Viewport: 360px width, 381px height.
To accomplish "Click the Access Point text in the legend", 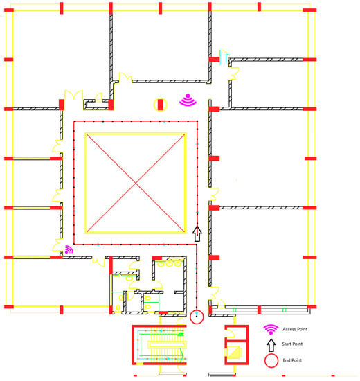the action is pos(295,329).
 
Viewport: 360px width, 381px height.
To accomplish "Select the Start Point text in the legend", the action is pos(292,344).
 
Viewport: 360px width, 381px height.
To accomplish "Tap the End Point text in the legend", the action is pos(292,360).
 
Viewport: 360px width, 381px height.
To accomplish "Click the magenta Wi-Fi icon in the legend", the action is pos(271,330).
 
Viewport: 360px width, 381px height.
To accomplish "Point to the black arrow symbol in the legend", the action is pos(271,345).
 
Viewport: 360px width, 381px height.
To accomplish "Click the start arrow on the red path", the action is pos(197,233).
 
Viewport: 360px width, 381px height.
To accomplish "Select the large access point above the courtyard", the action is pos(188,100).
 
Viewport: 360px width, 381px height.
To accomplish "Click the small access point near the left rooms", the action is pos(69,249).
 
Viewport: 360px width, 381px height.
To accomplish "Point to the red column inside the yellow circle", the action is pos(161,105).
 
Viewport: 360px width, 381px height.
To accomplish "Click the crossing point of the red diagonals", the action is pos(136,183).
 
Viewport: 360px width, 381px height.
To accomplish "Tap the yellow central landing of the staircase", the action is pos(167,345).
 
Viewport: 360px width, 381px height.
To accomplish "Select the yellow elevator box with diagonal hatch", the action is pos(234,352).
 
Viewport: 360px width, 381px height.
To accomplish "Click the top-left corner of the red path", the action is pos(74,121).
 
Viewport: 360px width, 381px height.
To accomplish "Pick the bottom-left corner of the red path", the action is pos(74,244).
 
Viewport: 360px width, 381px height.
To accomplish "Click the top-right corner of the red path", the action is pos(197,121).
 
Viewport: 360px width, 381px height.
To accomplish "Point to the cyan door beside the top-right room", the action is pos(224,57).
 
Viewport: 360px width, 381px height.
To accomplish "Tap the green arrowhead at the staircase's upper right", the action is pos(181,335).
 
